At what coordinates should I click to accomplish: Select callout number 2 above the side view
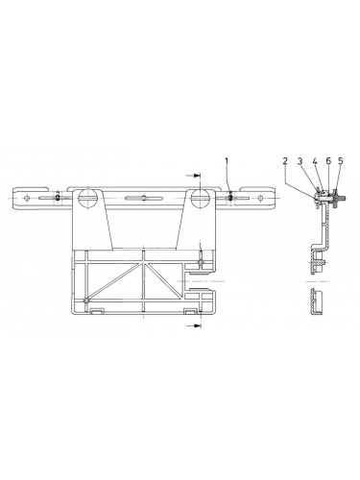[x=286, y=160]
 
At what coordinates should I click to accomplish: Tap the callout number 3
[x=300, y=160]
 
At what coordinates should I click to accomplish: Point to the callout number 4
[x=315, y=160]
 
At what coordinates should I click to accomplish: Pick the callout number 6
[x=327, y=160]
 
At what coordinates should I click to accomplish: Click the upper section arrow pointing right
[x=194, y=177]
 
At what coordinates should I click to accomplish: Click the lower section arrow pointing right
[x=194, y=326]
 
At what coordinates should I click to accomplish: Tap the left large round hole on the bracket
[x=88, y=199]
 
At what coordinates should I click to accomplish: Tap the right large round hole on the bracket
[x=201, y=199]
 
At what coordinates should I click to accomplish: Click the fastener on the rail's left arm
[x=59, y=197]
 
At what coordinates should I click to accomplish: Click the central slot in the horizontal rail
[x=145, y=199]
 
